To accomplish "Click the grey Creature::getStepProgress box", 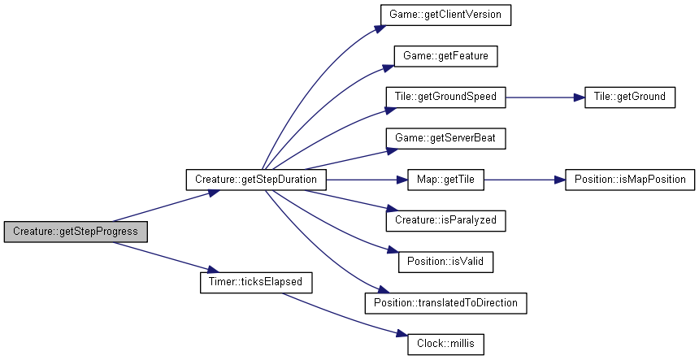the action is tap(76, 232).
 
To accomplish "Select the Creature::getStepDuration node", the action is tap(256, 180).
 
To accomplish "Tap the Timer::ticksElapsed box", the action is tap(256, 282).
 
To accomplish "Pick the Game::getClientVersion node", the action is tap(445, 15).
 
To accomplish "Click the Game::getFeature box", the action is tap(445, 56).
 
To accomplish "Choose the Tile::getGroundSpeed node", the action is tap(445, 98).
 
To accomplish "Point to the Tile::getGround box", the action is tap(629, 98).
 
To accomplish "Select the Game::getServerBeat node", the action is tap(445, 138).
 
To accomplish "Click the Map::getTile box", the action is tap(445, 180).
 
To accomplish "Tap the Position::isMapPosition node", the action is tap(629, 180).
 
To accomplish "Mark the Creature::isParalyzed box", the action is tap(445, 220).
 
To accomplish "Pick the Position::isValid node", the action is tap(445, 261).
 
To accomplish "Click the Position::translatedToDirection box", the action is tap(445, 303).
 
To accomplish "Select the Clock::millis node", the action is tap(445, 344).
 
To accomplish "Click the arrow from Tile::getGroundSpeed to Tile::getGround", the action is tap(545, 98).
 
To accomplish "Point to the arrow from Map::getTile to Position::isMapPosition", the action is tap(525, 180).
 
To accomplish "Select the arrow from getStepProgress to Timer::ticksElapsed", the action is tap(165, 257).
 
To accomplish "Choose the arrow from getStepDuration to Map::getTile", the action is tap(367, 180).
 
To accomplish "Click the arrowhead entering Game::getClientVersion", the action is tap(380, 28).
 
